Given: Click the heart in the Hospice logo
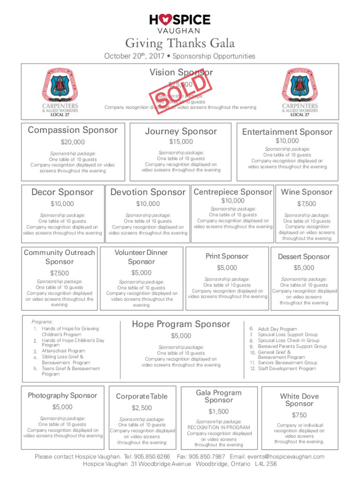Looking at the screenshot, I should (165, 19).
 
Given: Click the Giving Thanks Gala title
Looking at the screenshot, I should (180, 44).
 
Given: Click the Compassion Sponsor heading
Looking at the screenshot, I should (73, 130).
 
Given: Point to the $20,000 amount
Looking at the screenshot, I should (73, 142).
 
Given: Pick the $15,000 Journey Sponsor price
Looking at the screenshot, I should (181, 141).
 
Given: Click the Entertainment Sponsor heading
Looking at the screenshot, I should (287, 132).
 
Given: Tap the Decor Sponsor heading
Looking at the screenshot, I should (62, 192).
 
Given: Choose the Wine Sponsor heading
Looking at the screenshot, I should (307, 192).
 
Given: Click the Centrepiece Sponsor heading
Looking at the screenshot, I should (232, 192).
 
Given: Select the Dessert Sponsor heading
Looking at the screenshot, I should (304, 256).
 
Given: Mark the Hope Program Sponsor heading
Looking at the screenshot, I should (181, 324).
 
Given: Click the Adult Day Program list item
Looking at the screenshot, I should (277, 329).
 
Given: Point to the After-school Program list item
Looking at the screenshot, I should (64, 351).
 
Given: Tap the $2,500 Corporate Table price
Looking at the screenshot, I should (142, 407).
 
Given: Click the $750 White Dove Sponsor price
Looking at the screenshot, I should (299, 415).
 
